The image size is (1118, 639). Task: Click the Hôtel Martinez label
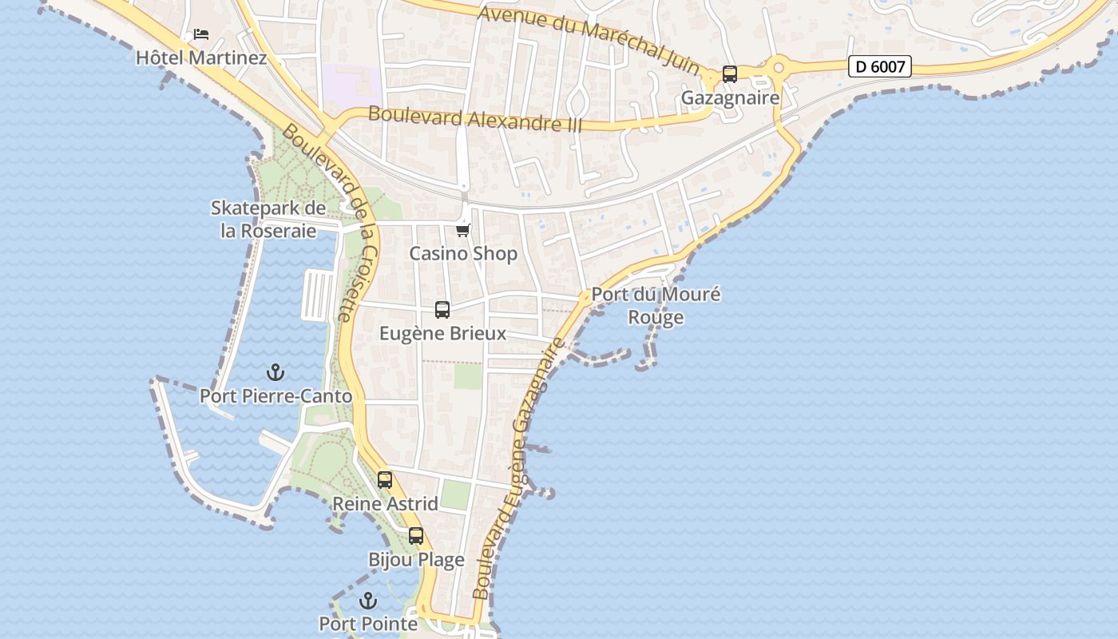[x=201, y=58]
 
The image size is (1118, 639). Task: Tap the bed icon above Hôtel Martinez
[x=201, y=34]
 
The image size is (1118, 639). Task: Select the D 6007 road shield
[x=879, y=66]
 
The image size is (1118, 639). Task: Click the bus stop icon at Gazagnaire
[x=730, y=74]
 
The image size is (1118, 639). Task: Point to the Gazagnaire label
[x=730, y=97]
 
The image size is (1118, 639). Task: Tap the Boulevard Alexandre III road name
[x=475, y=120]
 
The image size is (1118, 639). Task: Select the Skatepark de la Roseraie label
[x=268, y=219]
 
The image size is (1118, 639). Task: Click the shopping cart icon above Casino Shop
[x=463, y=230]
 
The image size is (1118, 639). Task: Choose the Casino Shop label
[x=463, y=254]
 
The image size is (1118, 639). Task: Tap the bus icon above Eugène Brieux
[x=442, y=310]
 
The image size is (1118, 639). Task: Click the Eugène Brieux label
[x=442, y=333]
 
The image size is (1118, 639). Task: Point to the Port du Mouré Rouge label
[x=656, y=305]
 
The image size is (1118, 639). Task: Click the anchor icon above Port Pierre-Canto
[x=276, y=372]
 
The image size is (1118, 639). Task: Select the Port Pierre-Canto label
[x=276, y=395]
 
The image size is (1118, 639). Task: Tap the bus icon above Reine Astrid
[x=385, y=480]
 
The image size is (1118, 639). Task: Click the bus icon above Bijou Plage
[x=416, y=536]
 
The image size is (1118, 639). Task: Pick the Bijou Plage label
[x=416, y=560]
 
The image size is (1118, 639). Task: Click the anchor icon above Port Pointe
[x=368, y=601]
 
